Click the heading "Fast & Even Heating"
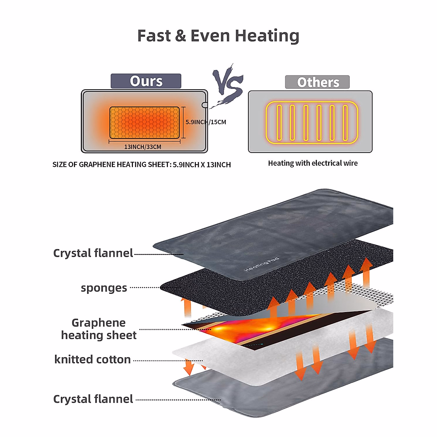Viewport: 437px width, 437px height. pyautogui.click(x=218, y=36)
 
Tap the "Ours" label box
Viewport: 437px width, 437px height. pyautogui.click(x=146, y=81)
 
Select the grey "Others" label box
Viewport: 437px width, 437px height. pyautogui.click(x=317, y=82)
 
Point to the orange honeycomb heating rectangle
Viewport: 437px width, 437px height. pyautogui.click(x=145, y=123)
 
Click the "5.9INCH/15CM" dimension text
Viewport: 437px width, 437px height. pyautogui.click(x=206, y=122)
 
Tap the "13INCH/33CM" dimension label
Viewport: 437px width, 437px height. pyautogui.click(x=142, y=147)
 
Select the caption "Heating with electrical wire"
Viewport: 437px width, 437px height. pyautogui.click(x=313, y=163)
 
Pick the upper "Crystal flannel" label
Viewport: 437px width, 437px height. pyautogui.click(x=93, y=253)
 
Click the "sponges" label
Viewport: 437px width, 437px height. pyautogui.click(x=104, y=288)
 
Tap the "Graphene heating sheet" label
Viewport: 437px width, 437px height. pyautogui.click(x=99, y=329)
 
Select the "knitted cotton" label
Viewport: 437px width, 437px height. pyautogui.click(x=92, y=359)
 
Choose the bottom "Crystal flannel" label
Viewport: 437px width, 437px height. pyautogui.click(x=93, y=399)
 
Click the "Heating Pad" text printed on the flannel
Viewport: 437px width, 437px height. pyautogui.click(x=261, y=264)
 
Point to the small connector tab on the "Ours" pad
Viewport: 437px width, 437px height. pyautogui.click(x=205, y=105)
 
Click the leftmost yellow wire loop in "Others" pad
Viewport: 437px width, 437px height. pyautogui.click(x=279, y=123)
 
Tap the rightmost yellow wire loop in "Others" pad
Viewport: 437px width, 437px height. pyautogui.click(x=345, y=123)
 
